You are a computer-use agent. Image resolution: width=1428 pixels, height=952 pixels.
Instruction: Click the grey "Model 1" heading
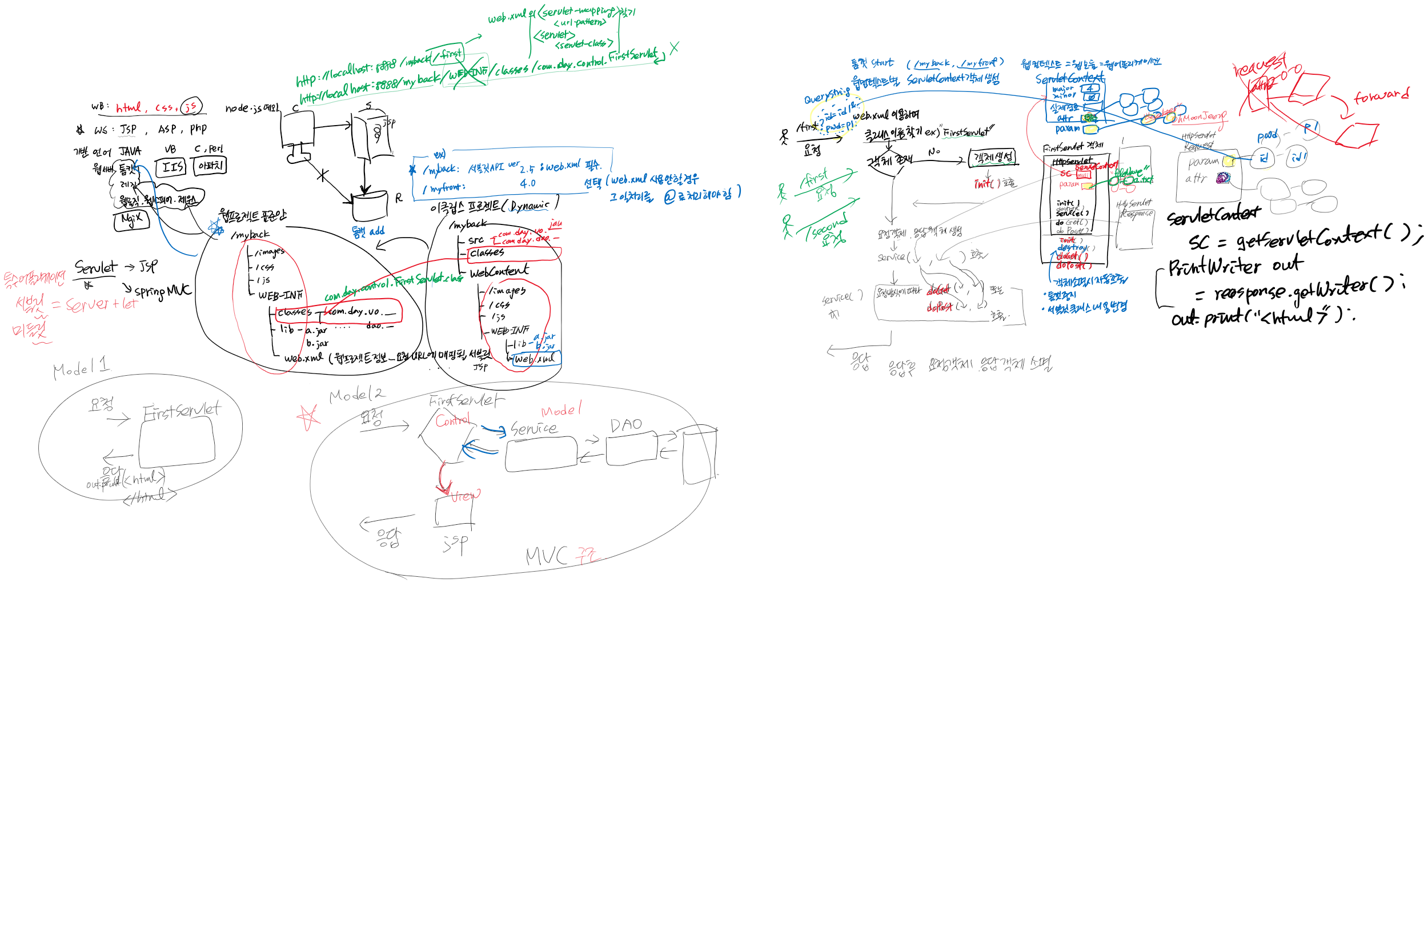click(x=81, y=367)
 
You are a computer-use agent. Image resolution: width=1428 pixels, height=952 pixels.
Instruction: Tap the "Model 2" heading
click(x=356, y=395)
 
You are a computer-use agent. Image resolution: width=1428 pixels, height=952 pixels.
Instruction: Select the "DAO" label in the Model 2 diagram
click(x=626, y=425)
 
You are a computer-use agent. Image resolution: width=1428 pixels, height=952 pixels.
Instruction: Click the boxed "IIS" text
click(x=172, y=167)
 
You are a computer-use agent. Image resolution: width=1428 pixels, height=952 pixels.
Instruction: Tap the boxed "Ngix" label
click(x=131, y=219)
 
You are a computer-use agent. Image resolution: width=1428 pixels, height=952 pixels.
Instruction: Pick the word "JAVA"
click(x=130, y=151)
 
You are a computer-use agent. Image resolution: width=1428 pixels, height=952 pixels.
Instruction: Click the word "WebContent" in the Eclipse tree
click(x=499, y=271)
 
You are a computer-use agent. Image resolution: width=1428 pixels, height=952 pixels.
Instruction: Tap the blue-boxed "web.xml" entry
click(x=535, y=359)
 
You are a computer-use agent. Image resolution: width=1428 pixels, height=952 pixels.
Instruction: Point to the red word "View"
click(x=465, y=496)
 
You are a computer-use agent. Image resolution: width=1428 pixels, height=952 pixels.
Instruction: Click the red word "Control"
click(x=452, y=420)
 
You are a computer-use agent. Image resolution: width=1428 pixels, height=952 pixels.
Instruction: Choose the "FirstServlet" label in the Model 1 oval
click(x=182, y=411)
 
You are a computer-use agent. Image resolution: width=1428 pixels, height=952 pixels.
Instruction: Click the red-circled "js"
click(x=191, y=107)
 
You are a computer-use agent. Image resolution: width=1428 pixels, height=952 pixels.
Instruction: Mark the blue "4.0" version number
click(x=528, y=183)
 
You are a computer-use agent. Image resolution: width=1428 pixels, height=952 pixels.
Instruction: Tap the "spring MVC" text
click(x=163, y=291)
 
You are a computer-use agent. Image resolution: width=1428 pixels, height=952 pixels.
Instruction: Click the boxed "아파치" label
click(x=210, y=166)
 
